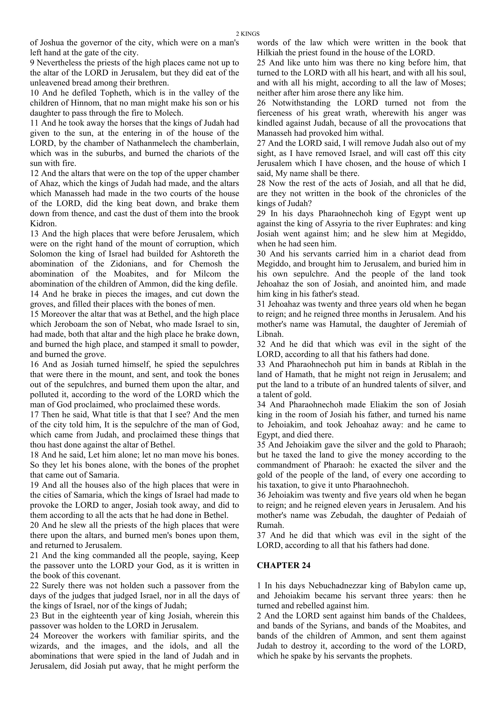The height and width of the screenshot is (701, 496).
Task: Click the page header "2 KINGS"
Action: (248, 34)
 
